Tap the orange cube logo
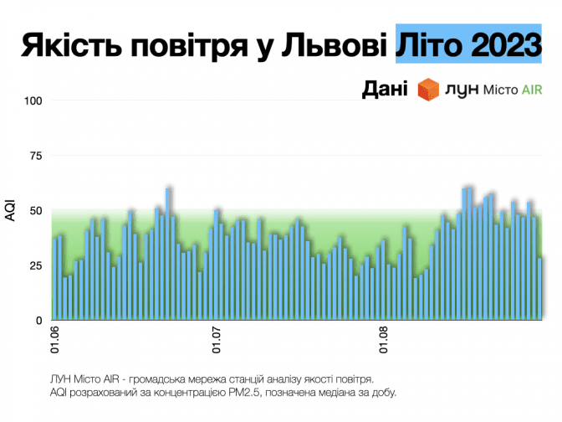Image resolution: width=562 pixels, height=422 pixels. [x=430, y=89]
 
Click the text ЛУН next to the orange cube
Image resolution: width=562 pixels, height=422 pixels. [x=463, y=90]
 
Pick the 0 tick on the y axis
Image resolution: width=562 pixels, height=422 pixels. [x=38, y=321]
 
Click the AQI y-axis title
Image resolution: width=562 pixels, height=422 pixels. [x=10, y=211]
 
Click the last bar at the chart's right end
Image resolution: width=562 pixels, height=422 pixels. [x=540, y=289]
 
